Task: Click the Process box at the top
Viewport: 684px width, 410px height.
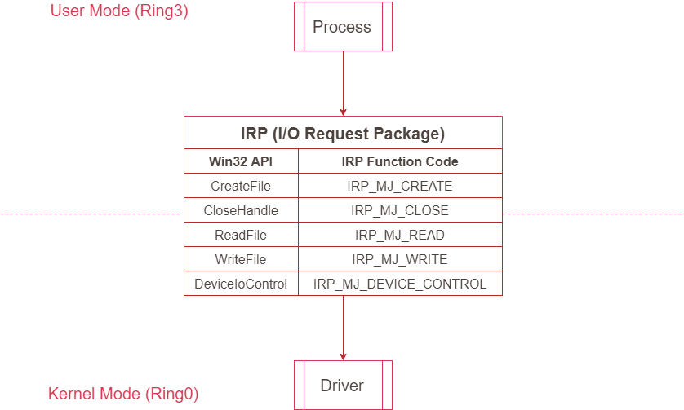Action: [x=342, y=28]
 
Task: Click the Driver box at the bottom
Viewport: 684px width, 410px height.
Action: [x=342, y=386]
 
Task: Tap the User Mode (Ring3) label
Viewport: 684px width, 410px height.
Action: [x=119, y=11]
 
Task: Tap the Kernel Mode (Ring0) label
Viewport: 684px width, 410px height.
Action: [x=123, y=395]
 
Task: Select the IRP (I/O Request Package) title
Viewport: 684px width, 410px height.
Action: [x=343, y=134]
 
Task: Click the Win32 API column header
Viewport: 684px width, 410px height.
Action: [x=241, y=161]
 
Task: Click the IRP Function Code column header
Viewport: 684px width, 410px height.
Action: [x=400, y=161]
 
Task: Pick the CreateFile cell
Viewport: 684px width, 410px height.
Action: [x=241, y=186]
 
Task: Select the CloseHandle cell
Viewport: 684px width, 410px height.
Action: [x=241, y=210]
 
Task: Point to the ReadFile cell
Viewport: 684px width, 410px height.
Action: [x=241, y=235]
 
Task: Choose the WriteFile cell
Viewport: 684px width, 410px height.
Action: [x=241, y=259]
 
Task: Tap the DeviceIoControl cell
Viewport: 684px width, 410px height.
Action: [x=241, y=284]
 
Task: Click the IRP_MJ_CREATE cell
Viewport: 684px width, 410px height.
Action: [x=400, y=186]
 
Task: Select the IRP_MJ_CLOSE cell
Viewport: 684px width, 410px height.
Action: [x=400, y=210]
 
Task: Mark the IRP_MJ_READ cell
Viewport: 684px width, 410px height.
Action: [x=400, y=235]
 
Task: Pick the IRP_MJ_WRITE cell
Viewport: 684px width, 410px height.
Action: [x=400, y=259]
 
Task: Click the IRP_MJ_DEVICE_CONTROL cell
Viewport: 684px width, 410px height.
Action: [x=400, y=284]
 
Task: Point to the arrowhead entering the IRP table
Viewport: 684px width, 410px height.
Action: [x=343, y=112]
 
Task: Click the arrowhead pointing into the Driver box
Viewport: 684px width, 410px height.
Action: [x=343, y=355]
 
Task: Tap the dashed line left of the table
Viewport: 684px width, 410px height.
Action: [x=90, y=214]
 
